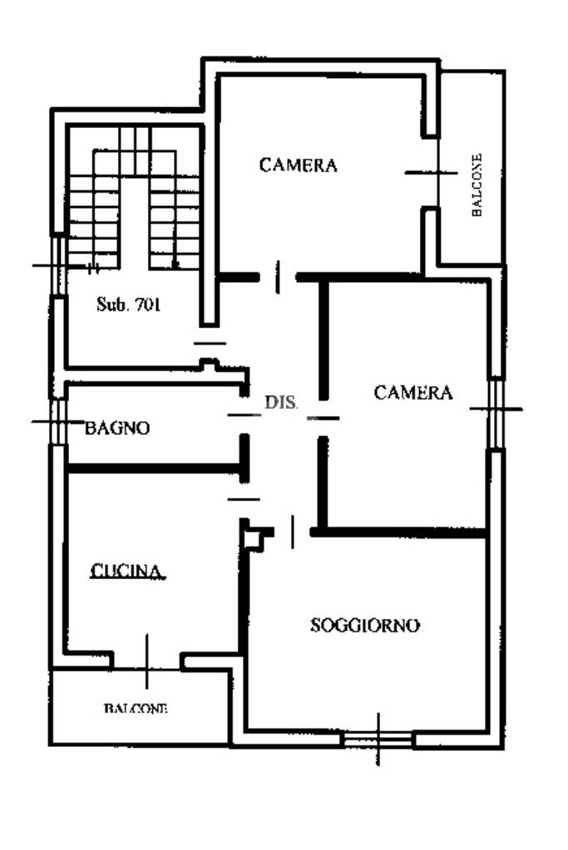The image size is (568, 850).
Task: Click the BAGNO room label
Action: (x=117, y=429)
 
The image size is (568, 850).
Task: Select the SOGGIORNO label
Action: (x=365, y=625)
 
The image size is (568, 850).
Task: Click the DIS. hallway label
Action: (x=282, y=402)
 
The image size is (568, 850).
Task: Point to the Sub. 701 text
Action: (x=128, y=304)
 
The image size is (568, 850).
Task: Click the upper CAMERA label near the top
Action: (x=299, y=165)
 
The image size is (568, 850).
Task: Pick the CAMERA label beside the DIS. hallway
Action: (x=413, y=392)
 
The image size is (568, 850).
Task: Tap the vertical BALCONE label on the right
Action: (x=477, y=184)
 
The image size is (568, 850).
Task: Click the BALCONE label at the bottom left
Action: (x=136, y=709)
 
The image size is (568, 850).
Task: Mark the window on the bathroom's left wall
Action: (x=58, y=422)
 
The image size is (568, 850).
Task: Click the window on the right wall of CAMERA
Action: (x=496, y=409)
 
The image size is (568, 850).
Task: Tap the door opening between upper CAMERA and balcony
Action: (x=431, y=172)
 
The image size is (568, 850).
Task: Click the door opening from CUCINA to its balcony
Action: (x=147, y=661)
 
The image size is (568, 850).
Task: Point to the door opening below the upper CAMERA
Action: (x=278, y=277)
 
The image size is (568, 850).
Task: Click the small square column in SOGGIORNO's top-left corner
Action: (x=254, y=537)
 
